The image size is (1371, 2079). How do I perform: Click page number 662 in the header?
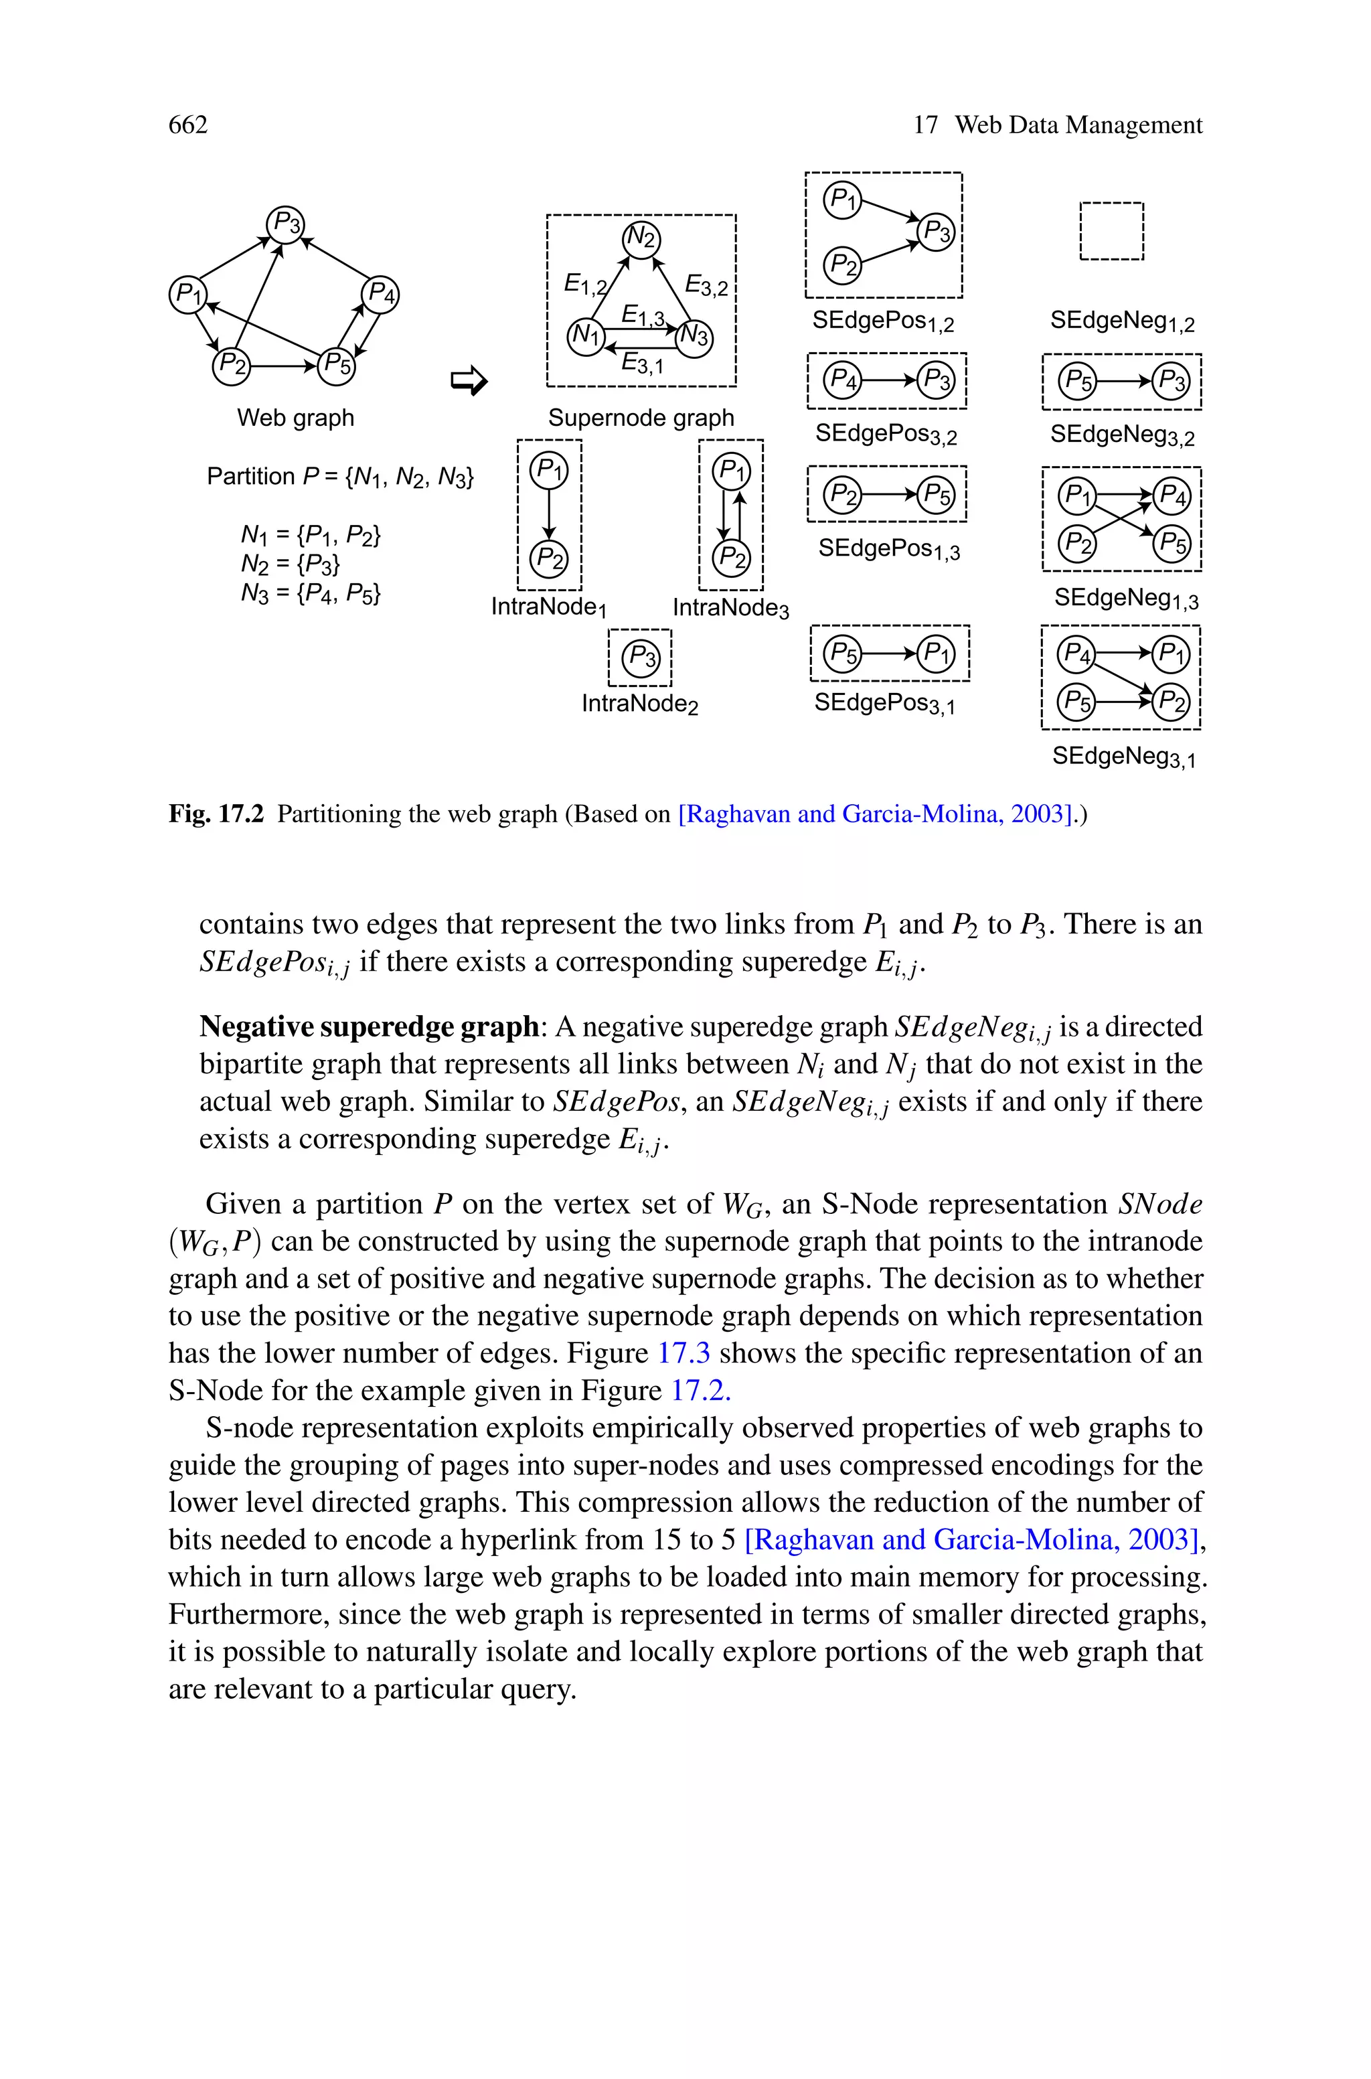coord(188,125)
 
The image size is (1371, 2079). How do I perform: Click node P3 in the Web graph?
coord(285,224)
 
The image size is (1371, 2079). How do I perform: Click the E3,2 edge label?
coord(706,285)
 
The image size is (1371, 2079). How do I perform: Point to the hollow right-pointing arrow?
coord(468,380)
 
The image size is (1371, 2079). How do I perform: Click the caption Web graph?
coord(295,418)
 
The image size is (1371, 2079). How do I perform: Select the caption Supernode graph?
coord(641,418)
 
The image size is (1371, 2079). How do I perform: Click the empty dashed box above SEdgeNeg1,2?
coord(1111,232)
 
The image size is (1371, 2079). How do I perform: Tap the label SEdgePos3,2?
coord(886,435)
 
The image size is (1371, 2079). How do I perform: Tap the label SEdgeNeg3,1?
coord(1123,756)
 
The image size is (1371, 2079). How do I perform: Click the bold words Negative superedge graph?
coord(369,1026)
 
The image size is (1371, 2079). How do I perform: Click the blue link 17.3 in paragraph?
coord(683,1353)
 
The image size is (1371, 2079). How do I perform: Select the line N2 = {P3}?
coord(291,564)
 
